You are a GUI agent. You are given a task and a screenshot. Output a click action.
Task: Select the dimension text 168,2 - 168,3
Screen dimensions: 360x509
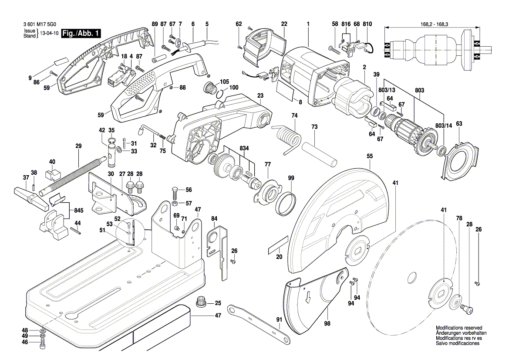click(x=433, y=25)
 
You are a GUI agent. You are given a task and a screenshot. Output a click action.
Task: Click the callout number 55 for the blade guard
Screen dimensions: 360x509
click(x=370, y=155)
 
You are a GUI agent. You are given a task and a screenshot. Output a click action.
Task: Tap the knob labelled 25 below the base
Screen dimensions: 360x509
click(x=202, y=301)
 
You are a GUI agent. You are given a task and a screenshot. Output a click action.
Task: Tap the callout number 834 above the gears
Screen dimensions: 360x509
click(x=244, y=149)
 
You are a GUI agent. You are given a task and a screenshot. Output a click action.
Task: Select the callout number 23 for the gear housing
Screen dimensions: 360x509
click(x=260, y=95)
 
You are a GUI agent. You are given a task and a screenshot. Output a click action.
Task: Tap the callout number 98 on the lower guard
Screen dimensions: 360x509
click(x=327, y=323)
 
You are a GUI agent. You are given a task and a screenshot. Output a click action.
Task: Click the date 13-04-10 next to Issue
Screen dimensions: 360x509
click(x=48, y=34)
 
